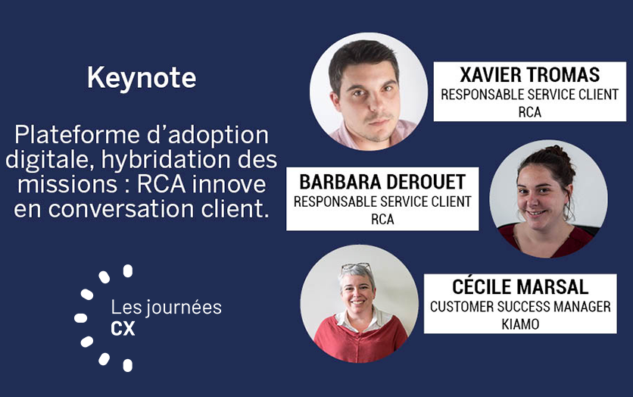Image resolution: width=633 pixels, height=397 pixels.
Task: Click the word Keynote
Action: pos(142,78)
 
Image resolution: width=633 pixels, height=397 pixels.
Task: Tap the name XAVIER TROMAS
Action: pos(530,75)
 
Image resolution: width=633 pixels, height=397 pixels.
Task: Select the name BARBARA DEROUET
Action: pos(382,182)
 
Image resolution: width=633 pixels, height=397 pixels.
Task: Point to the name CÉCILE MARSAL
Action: pos(520,287)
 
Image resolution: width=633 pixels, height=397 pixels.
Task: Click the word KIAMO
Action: pos(520,324)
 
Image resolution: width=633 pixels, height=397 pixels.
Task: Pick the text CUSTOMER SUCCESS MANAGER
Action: pos(520,307)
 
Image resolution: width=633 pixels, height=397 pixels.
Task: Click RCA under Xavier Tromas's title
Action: pos(530,112)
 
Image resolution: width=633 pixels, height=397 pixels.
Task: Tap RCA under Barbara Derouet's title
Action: pos(382,219)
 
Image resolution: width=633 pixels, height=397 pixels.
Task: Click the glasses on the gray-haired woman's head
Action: pos(356,267)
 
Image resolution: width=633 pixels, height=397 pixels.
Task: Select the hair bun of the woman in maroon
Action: pos(557,152)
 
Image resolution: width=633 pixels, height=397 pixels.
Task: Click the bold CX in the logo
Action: pos(123,329)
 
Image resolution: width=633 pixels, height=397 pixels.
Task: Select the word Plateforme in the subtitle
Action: pos(77,135)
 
